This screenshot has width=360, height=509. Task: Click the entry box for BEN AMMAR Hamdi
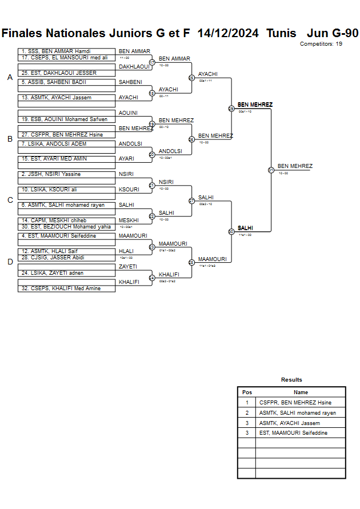[66, 51]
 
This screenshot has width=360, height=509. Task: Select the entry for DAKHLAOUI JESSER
[66, 73]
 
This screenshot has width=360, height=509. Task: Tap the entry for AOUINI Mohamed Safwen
[66, 119]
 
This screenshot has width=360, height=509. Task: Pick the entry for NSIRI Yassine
[66, 174]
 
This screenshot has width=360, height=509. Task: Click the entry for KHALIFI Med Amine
[66, 288]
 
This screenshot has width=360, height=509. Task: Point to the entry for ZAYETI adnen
[66, 273]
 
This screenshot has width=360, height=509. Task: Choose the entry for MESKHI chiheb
[66, 220]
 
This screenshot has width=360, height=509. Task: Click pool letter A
[10, 77]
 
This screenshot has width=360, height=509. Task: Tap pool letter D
[10, 262]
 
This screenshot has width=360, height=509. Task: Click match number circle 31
[271, 170]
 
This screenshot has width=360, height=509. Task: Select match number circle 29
[231, 109]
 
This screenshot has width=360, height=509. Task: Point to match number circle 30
[231, 231]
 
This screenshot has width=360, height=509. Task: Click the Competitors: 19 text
[321, 44]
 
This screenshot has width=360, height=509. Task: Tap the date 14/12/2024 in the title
[227, 33]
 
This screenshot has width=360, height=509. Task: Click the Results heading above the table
[291, 380]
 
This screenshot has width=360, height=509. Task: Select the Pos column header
[247, 392]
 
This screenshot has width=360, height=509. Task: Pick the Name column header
[301, 392]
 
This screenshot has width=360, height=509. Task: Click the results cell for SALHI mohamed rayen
[301, 412]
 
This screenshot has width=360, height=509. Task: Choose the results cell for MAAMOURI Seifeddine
[301, 433]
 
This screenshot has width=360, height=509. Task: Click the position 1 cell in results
[247, 402]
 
